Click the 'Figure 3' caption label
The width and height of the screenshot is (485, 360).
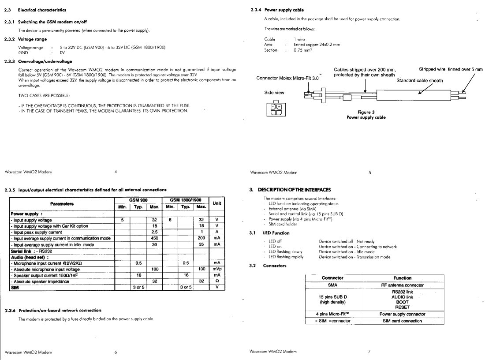coord(366,112)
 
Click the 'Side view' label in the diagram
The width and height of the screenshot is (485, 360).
coord(274,93)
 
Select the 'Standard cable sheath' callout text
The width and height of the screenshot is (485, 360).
coord(420,81)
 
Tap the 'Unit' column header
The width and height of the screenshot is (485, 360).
coord(217,203)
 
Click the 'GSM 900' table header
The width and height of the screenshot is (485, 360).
coord(138,200)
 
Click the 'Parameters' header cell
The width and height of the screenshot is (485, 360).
coord(62,203)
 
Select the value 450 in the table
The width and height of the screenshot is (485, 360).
coord(154,238)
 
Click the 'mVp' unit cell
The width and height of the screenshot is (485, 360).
coord(217,269)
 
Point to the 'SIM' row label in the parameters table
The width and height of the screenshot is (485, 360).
coord(15,287)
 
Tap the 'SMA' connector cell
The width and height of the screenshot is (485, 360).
coord(332,285)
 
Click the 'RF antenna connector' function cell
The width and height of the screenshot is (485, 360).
coord(403,285)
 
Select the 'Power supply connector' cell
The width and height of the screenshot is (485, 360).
coord(403,314)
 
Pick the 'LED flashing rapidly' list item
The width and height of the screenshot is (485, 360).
coord(286,257)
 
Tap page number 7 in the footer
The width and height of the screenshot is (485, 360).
coord(369,352)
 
